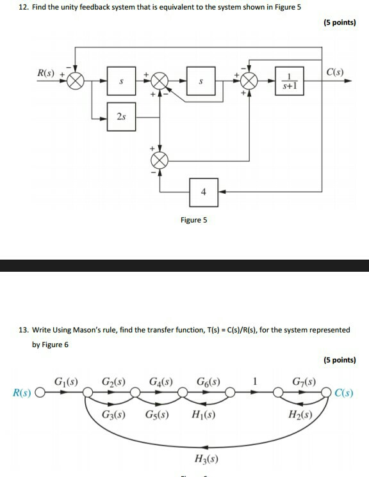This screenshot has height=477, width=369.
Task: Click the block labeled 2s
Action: point(122,117)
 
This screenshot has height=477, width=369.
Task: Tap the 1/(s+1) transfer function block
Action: point(290,82)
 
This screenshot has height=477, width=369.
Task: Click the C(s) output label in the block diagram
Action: point(334,72)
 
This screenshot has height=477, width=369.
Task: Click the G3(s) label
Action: point(113,414)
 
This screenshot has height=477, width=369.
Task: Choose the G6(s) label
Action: point(208,382)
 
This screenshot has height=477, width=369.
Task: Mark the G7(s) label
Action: point(304,382)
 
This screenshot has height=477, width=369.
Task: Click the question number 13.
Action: point(23,330)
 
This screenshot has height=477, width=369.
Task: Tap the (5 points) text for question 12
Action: point(338,22)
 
